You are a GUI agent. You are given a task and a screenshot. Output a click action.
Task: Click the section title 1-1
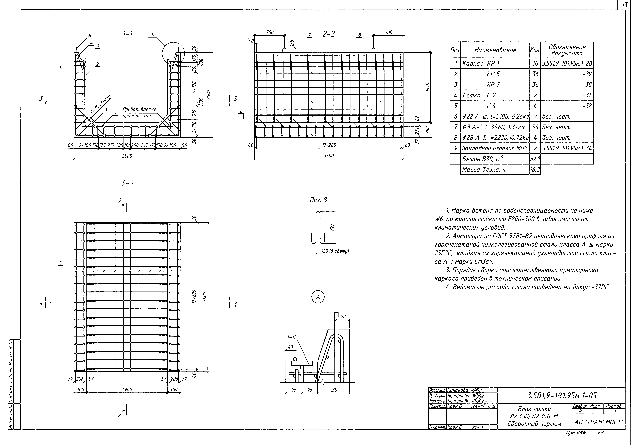(x=128, y=34)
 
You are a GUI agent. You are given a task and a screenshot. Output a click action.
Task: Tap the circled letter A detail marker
(x=318, y=297)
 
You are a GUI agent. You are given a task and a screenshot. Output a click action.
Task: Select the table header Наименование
(x=495, y=50)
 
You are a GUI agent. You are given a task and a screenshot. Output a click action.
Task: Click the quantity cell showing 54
(x=535, y=127)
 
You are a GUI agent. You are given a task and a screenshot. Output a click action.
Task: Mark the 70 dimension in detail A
(x=343, y=317)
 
